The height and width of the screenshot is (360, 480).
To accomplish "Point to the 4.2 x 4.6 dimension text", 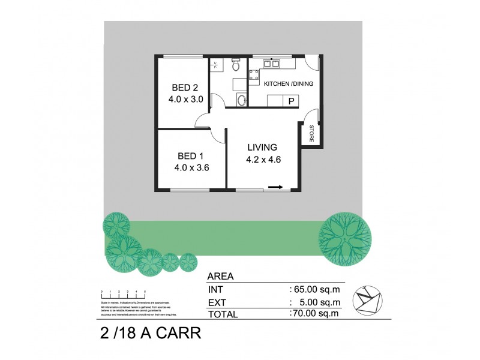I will [x=263, y=160].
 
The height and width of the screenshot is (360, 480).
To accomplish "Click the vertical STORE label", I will [x=312, y=134].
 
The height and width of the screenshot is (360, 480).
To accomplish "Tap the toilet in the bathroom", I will [x=236, y=64].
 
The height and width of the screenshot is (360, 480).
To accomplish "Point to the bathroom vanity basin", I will [x=241, y=100].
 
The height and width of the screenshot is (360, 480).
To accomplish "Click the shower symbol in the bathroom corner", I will [x=216, y=65].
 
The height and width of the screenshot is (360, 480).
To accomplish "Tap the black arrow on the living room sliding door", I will [x=275, y=187].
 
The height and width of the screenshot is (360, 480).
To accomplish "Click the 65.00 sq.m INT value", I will [x=314, y=289].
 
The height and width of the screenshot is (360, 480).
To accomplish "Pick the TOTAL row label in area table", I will [x=223, y=313].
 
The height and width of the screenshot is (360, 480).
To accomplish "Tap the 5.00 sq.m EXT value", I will [x=316, y=301].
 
